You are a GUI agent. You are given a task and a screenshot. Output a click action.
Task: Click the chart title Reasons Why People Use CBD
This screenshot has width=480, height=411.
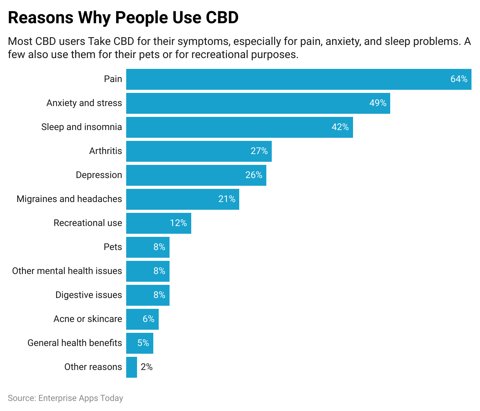pyautogui.click(x=123, y=18)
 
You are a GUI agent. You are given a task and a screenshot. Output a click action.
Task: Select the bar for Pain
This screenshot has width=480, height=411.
pyautogui.click(x=286, y=79)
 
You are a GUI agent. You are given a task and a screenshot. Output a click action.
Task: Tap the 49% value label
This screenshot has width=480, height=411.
pyautogui.click(x=377, y=103)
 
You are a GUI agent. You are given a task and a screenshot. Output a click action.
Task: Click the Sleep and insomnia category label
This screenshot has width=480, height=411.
pyautogui.click(x=81, y=127)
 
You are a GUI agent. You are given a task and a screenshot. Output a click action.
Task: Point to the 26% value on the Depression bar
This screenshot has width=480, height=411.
pyautogui.click(x=254, y=175)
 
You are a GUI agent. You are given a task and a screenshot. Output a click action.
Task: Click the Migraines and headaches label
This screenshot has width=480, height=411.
pyautogui.click(x=69, y=199)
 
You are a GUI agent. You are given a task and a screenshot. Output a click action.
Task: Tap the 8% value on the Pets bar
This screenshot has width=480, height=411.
pyautogui.click(x=159, y=247)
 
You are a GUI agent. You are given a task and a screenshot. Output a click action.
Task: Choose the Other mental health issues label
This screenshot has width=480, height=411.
pyautogui.click(x=67, y=271)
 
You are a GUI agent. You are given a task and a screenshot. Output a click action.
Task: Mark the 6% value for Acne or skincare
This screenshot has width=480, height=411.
pyautogui.click(x=148, y=319)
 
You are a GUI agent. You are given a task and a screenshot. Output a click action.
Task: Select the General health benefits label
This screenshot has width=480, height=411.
pyautogui.click(x=74, y=343)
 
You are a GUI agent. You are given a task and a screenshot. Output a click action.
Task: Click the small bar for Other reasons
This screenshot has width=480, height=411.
pyautogui.click(x=132, y=367)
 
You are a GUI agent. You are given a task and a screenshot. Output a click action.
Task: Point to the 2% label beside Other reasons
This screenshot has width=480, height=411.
pyautogui.click(x=146, y=367)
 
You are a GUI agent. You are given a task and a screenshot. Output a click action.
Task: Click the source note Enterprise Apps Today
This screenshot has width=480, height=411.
pyautogui.click(x=65, y=398)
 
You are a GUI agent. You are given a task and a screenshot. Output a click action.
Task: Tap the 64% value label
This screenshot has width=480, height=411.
pyautogui.click(x=459, y=79)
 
